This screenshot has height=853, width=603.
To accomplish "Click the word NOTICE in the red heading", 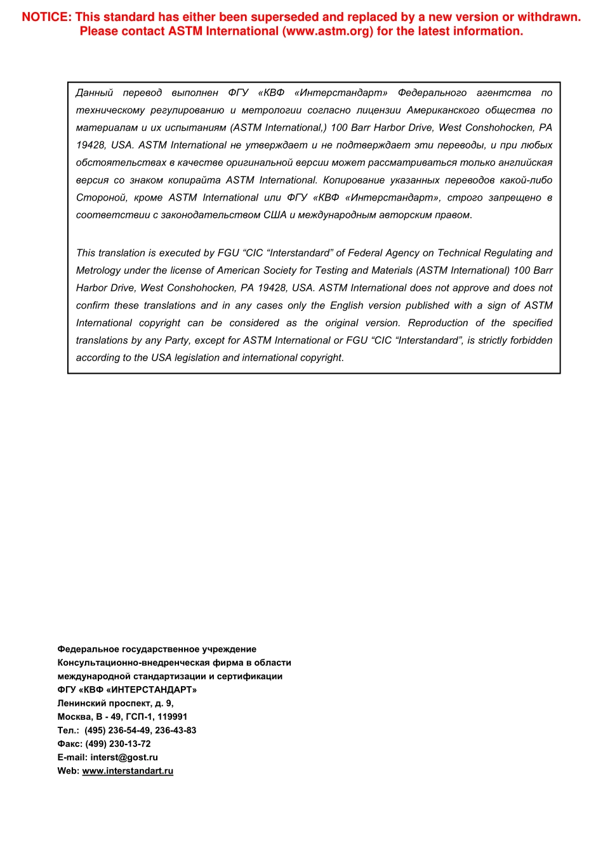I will (x=46, y=17).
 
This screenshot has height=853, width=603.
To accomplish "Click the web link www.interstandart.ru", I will (x=128, y=771).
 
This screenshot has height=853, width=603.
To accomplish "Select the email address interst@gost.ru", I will (x=124, y=757).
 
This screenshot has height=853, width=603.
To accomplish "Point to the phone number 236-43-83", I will (x=176, y=731).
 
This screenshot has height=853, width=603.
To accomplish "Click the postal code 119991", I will (x=171, y=717).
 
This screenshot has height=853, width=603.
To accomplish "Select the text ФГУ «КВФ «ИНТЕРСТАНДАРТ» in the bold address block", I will (x=127, y=690).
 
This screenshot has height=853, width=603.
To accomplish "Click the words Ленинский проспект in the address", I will (x=104, y=703).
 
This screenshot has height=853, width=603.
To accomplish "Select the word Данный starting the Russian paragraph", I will (x=94, y=93).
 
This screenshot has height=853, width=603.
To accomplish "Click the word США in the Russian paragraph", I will (x=275, y=215).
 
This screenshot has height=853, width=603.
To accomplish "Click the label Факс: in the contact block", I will (x=70, y=744).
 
